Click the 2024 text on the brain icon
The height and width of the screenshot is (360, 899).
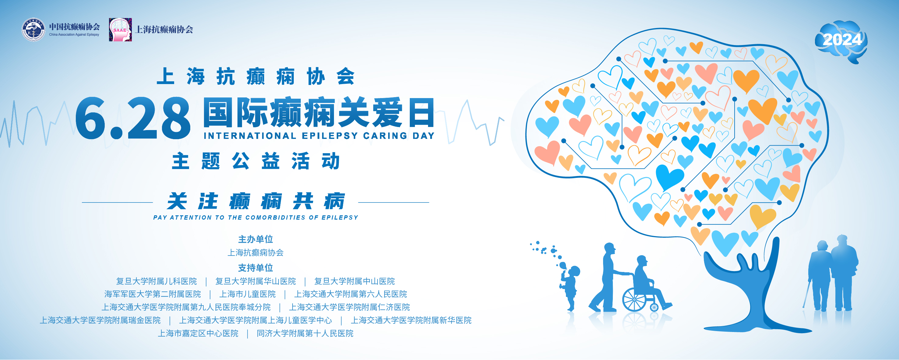coord(842,40)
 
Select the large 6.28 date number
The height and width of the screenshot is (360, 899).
coord(133,118)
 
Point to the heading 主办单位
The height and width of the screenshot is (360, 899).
coord(255,239)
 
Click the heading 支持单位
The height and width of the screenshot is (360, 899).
coord(255,268)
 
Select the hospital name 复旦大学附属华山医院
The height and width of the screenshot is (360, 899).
coord(255,281)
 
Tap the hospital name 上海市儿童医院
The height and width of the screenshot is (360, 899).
coord(248,294)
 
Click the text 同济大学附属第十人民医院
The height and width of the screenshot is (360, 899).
coord(305,334)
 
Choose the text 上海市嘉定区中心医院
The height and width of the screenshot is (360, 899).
coord(198,334)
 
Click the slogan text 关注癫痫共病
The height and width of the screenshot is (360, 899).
coord(256,202)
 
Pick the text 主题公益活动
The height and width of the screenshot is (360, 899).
coord(256,161)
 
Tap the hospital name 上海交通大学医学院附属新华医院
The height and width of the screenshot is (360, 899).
coord(411,320)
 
